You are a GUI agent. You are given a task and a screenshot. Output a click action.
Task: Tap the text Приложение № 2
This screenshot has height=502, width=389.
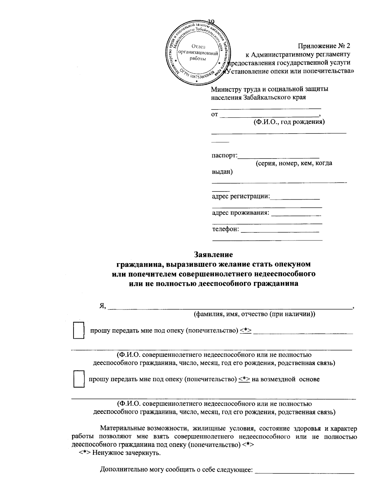(x=324, y=46)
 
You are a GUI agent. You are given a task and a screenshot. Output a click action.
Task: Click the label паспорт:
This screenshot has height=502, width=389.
(x=225, y=156)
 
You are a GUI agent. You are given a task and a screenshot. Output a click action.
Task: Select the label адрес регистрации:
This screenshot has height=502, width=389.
(x=241, y=196)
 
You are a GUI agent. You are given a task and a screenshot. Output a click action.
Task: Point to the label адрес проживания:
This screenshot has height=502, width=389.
(x=241, y=213)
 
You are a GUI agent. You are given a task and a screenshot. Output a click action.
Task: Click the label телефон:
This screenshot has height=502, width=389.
(x=226, y=229)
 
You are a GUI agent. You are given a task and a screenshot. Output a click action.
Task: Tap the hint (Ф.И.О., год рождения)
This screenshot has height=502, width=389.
(x=289, y=122)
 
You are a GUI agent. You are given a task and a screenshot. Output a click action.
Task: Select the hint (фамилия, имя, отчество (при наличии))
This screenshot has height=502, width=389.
(x=254, y=314)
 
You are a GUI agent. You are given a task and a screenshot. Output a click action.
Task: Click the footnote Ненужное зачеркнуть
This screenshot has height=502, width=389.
(x=126, y=453)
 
